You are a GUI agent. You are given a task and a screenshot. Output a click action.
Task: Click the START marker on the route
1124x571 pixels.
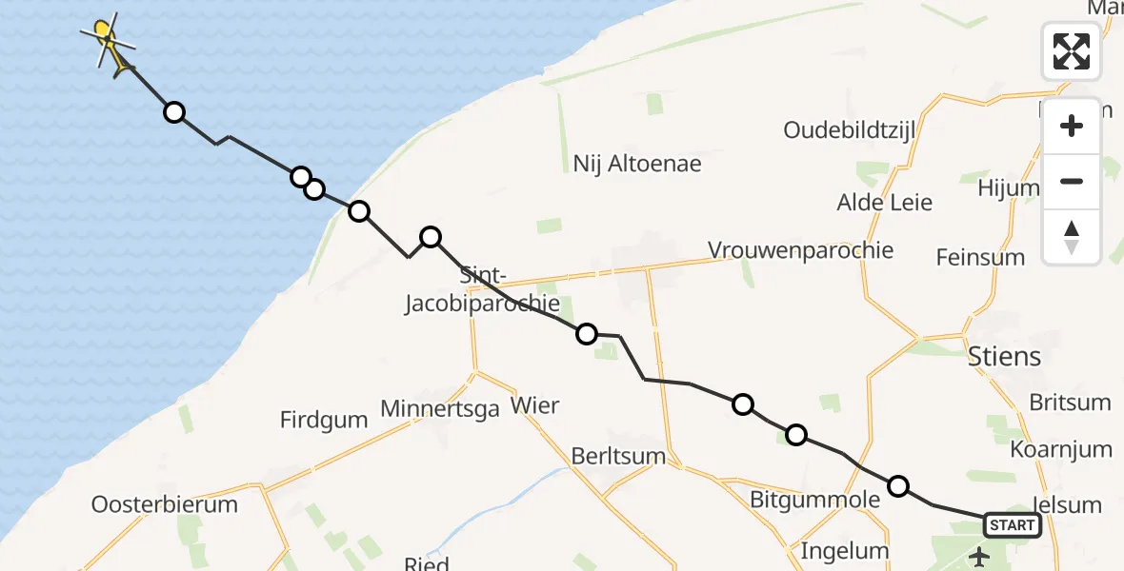click(1012, 525)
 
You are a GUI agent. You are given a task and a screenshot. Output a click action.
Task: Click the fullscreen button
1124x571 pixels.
click(1072, 51)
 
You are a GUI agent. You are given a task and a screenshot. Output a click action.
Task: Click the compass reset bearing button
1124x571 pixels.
click(1072, 237)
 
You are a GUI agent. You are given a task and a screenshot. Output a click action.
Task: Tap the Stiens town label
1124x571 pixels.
click(1004, 358)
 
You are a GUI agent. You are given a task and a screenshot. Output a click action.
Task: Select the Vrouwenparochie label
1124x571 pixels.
click(800, 250)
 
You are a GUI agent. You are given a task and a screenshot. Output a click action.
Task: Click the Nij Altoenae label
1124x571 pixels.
click(637, 163)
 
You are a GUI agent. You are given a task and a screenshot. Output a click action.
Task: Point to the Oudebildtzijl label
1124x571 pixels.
click(850, 129)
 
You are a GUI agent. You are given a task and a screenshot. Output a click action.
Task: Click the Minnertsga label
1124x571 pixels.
click(439, 409)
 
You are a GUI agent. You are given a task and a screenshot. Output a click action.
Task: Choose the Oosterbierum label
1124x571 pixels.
click(165, 504)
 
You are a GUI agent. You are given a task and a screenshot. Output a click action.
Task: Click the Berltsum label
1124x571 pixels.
click(618, 456)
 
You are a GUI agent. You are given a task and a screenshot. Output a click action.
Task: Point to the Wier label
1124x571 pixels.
click(535, 405)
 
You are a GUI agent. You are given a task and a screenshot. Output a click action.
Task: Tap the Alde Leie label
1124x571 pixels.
click(884, 203)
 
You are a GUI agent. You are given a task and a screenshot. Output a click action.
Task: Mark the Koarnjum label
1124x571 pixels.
click(1061, 449)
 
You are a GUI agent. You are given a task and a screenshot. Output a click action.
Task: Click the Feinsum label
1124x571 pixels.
click(980, 257)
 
